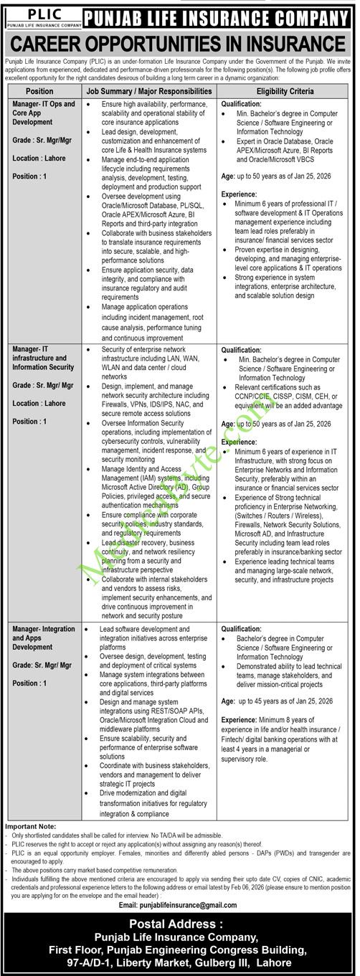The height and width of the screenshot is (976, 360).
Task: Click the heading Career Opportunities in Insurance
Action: pyautogui.click(x=179, y=44)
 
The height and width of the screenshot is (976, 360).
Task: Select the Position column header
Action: pyautogui.click(x=39, y=92)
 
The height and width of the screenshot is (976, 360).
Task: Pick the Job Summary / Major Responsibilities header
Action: pyautogui.click(x=148, y=92)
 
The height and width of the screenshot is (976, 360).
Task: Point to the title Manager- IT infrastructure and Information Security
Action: pyautogui.click(x=43, y=357)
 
